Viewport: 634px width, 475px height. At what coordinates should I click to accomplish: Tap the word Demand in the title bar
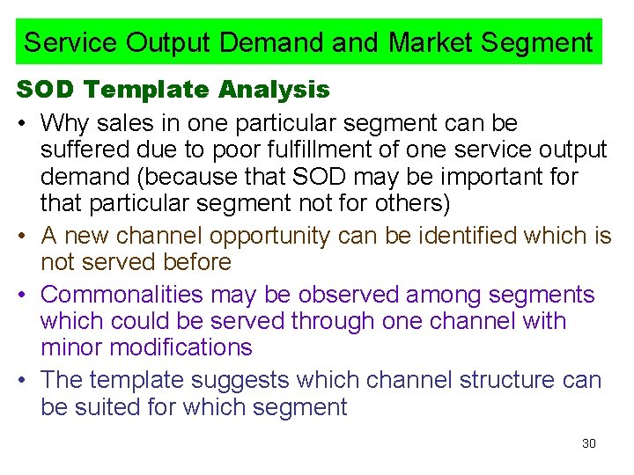(x=331, y=42)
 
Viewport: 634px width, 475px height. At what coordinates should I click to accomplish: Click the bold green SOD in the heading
(x=41, y=90)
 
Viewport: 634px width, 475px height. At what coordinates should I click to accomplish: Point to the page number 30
(x=589, y=443)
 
